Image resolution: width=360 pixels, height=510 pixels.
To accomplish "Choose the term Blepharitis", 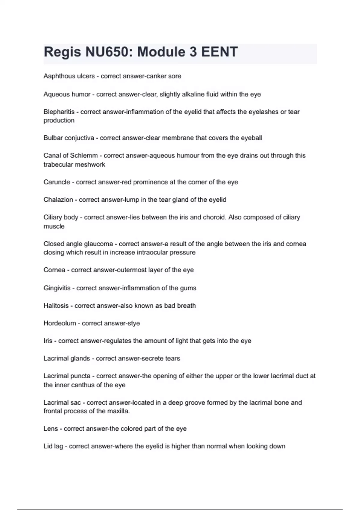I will [x=59, y=112].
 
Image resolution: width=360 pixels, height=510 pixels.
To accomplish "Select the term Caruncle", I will [x=57, y=182].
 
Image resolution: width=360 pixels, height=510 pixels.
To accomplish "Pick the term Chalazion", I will [x=58, y=200].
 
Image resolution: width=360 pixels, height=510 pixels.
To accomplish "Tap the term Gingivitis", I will [x=57, y=288].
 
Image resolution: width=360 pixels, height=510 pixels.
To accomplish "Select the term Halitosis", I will [x=56, y=306].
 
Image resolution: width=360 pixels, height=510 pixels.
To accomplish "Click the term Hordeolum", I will [x=60, y=323].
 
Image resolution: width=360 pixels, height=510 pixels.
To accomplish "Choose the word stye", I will [x=133, y=323].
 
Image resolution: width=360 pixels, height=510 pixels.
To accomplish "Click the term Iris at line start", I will [x=48, y=341].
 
